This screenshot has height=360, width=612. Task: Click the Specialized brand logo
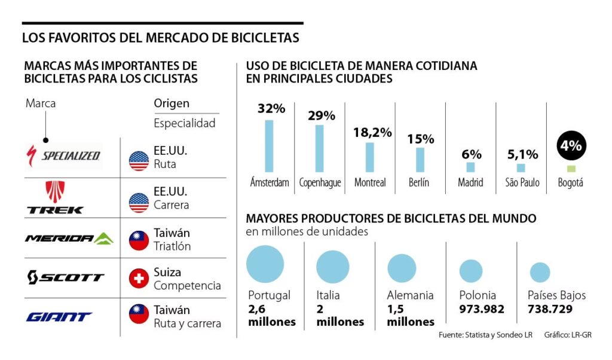tap(63, 155)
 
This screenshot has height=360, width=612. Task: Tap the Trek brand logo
tap(55, 197)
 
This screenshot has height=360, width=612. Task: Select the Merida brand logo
tap(68, 239)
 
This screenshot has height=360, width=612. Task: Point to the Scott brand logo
tap(66, 277)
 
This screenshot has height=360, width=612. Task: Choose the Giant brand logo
tap(59, 316)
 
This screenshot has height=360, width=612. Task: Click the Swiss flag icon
tap(139, 278)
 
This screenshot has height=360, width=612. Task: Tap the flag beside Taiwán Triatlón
tap(139, 239)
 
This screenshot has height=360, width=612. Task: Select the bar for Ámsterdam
tap(269, 146)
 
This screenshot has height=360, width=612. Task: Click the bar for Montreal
tap(370, 157)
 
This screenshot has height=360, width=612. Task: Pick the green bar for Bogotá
tap(571, 169)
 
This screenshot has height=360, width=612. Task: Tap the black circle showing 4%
tap(571, 145)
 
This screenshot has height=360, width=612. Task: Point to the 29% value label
tap(322, 115)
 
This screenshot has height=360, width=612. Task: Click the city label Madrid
tap(470, 182)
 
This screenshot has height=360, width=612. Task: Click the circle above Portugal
tap(265, 264)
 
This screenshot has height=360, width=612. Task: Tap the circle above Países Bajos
tap(540, 273)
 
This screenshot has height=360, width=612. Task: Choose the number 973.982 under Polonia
tap(482, 309)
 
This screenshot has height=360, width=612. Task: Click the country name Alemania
tap(410, 295)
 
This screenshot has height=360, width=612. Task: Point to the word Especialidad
tap(184, 124)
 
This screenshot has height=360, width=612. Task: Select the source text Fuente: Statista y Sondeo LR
tap(485, 334)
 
